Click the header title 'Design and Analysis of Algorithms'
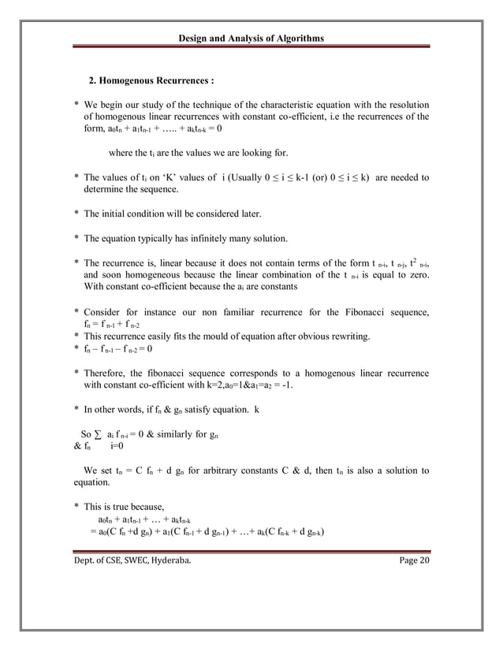pos(251,39)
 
